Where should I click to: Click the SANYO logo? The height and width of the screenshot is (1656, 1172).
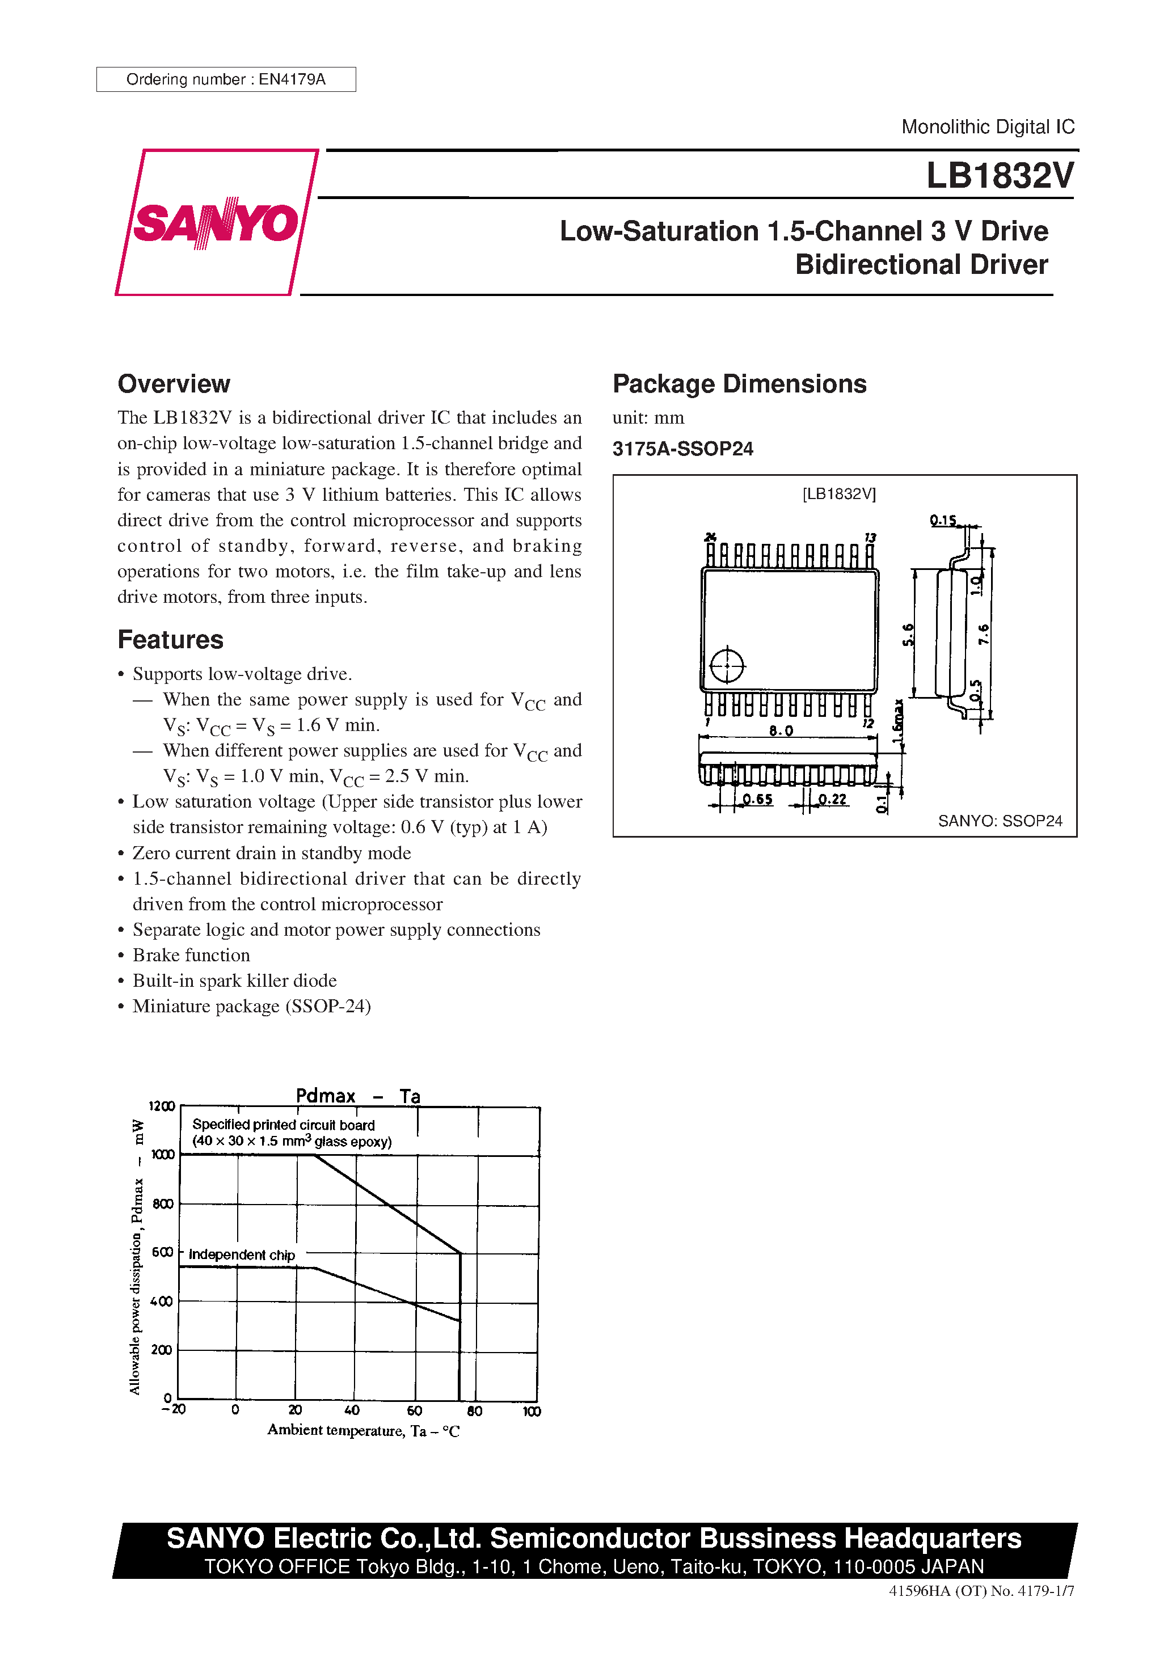coord(216,222)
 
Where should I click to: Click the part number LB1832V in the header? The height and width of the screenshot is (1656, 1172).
coord(1000,175)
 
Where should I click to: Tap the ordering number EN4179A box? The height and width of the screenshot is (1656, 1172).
coord(226,79)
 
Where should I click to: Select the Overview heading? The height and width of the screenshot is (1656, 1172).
coord(174,384)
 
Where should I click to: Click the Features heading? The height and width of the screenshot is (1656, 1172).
coord(170,640)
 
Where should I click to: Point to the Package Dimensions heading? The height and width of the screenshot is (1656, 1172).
coord(739,384)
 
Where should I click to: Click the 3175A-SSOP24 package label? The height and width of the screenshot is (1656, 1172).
coord(682,449)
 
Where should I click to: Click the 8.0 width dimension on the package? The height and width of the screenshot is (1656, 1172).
coord(780,730)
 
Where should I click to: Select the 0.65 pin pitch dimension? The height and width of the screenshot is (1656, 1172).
coord(757,799)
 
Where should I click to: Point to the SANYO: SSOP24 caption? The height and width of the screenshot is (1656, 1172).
coord(1000,821)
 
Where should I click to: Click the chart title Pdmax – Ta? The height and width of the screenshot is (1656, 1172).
coord(358,1096)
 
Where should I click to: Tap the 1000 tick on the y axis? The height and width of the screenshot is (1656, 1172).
coord(162,1155)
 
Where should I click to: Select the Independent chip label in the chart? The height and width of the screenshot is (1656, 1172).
coord(242,1255)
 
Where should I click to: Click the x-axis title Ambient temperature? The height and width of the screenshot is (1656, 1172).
coord(363,1430)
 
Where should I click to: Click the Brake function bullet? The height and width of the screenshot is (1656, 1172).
coord(191,955)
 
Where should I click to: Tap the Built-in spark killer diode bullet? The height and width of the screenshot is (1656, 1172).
coord(234,980)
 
